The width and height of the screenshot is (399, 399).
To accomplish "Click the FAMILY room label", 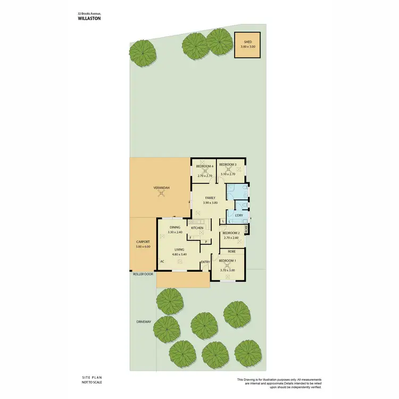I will click(x=210, y=198).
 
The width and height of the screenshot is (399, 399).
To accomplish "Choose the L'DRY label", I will click(x=239, y=215).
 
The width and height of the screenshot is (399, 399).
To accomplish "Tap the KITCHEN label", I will click(x=197, y=228).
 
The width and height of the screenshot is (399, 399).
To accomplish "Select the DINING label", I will click(x=175, y=228).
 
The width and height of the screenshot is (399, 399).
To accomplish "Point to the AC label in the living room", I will click(x=162, y=262).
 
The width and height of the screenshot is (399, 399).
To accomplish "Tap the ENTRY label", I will click(x=205, y=262).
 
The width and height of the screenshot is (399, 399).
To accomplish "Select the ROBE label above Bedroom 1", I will click(x=232, y=251).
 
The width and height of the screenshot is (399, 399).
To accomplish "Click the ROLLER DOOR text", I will click(x=143, y=275).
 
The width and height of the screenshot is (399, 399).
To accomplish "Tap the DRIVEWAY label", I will click(x=144, y=321).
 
